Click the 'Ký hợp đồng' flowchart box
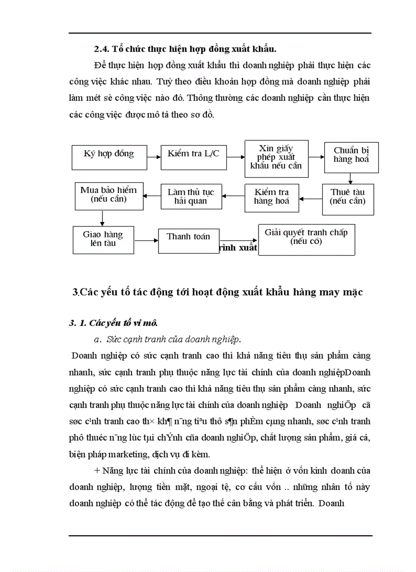109,154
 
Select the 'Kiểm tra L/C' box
193,154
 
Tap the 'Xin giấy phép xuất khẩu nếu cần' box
276,158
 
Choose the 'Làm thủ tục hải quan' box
191,197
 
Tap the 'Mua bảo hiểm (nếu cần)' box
108,196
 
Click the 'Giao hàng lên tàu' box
103,239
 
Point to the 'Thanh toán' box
188,239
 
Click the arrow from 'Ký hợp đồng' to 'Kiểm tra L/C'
154,153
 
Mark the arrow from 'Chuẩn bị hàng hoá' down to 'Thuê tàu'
350,178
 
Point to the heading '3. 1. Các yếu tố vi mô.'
113,322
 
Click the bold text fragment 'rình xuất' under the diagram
238,248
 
